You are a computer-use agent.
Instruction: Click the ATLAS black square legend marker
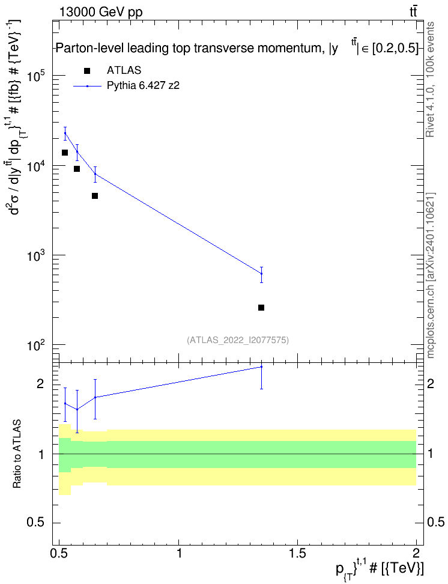(x=87, y=71)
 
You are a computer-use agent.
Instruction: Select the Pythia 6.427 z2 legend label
(x=143, y=86)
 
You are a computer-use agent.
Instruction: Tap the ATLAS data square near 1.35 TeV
(x=261, y=308)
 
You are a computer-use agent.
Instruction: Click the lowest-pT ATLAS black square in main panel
(x=65, y=153)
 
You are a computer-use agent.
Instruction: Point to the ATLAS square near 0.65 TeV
(x=95, y=196)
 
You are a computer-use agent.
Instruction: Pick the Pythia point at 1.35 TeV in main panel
(x=261, y=274)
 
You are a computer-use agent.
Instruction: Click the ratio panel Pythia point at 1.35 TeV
(x=261, y=367)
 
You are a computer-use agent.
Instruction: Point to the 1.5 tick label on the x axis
(x=297, y=553)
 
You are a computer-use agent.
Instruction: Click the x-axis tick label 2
(x=416, y=553)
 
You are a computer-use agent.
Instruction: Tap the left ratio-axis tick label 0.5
(x=36, y=523)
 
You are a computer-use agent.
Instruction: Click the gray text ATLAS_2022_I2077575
(x=238, y=340)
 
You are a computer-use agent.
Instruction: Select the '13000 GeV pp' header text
(x=101, y=13)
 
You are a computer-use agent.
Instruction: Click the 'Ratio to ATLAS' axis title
(x=17, y=454)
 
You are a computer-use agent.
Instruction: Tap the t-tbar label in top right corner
(x=413, y=12)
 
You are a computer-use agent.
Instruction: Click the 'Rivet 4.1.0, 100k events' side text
(x=430, y=79)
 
